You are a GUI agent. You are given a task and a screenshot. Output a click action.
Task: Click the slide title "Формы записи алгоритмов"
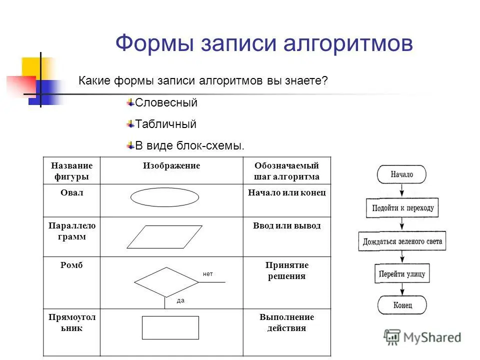[264, 43]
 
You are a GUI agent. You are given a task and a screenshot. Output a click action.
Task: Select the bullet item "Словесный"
[166, 102]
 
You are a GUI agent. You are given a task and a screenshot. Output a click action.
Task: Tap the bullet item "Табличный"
[165, 124]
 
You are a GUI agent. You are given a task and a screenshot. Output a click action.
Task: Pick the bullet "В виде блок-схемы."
[189, 145]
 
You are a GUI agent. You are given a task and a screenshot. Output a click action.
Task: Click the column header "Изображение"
[171, 165]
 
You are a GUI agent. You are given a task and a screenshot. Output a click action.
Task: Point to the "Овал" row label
[71, 192]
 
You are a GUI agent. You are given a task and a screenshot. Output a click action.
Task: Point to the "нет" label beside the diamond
[208, 274]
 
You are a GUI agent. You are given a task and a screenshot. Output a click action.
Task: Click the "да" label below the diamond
[180, 300]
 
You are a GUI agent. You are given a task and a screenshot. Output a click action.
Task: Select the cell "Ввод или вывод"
[287, 225]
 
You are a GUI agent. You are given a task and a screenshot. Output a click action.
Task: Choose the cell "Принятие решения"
[287, 270]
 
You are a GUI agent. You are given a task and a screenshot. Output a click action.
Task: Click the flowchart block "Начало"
[401, 174]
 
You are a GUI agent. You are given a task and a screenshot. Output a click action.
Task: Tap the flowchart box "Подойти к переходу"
[402, 208]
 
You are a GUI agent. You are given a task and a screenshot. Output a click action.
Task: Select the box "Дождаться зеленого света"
[402, 241]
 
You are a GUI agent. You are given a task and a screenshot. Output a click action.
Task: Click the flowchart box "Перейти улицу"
[402, 273]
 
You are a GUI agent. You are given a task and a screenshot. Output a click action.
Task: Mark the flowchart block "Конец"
[402, 305]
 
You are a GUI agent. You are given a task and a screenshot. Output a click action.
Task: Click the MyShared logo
[422, 337]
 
